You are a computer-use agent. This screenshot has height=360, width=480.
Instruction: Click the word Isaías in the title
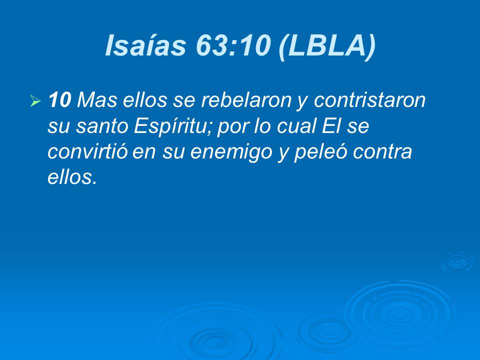coord(138,46)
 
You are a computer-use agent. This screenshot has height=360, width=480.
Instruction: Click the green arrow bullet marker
coord(35,102)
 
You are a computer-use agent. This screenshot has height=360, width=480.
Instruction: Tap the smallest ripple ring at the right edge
coord(456,262)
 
